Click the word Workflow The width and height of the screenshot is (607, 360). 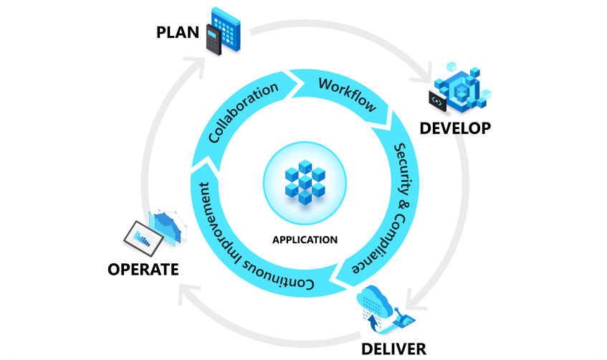[348, 94]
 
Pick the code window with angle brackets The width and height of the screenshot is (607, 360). [437, 101]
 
